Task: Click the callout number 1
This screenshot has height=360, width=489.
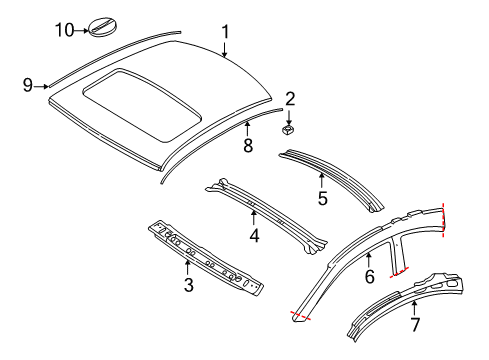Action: (x=225, y=31)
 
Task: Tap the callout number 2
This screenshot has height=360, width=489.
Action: (x=290, y=98)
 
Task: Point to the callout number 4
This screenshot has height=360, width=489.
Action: (x=254, y=236)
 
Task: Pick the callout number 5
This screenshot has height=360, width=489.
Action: (x=322, y=197)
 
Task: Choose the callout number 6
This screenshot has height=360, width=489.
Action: (x=369, y=275)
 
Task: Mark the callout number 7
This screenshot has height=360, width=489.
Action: (x=415, y=323)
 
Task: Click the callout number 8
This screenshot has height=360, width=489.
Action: (x=247, y=146)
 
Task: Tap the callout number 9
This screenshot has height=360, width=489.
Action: (x=28, y=86)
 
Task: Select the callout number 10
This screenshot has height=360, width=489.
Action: (x=64, y=30)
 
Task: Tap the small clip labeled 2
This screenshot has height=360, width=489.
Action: (x=288, y=128)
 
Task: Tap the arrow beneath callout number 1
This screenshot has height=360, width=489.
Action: (x=225, y=47)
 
